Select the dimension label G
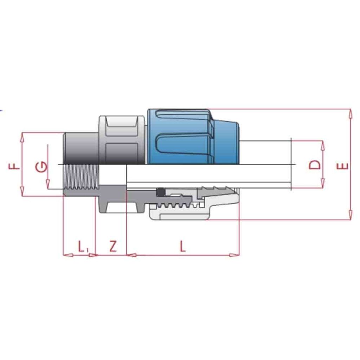point(41,166)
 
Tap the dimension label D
point(315,165)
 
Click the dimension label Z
point(112,246)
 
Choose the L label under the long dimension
point(182,246)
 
